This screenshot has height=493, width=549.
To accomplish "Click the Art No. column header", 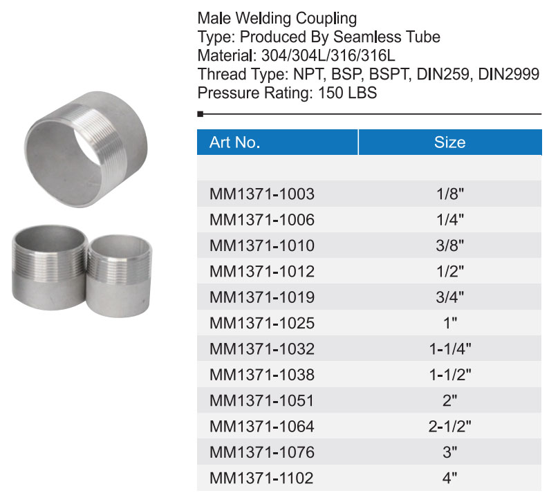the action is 234,142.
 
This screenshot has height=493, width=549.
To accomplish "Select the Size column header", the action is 450,142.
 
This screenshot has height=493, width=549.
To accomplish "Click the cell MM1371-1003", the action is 262,194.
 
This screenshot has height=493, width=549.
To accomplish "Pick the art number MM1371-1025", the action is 262,323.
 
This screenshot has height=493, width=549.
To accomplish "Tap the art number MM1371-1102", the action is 261,478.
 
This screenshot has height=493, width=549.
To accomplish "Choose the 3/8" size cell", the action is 450,245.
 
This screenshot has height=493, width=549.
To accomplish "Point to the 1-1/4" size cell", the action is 450,348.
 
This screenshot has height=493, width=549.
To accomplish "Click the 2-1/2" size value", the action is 450,426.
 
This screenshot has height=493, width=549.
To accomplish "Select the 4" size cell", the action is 450,478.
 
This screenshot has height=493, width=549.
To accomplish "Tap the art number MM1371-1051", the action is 261,400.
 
